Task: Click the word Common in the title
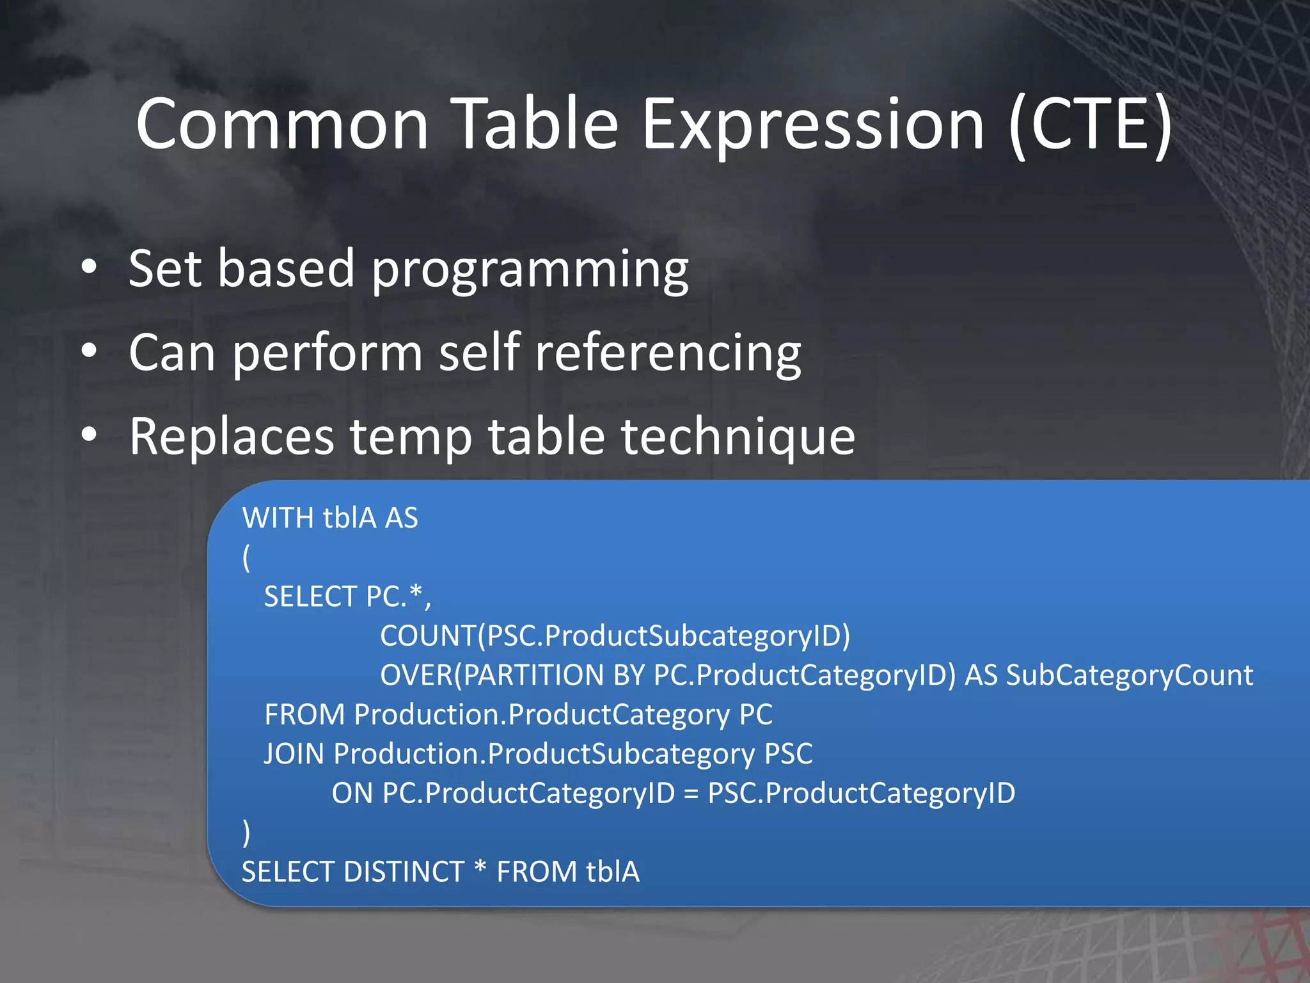(281, 125)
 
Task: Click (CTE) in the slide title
(1091, 125)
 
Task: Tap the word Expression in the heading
(812, 125)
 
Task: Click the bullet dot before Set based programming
(89, 267)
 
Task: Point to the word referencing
(668, 354)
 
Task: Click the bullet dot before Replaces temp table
(89, 435)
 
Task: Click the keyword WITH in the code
(278, 518)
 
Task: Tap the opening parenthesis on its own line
(246, 557)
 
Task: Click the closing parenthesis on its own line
(246, 833)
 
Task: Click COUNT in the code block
(428, 636)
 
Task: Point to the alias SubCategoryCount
(1129, 676)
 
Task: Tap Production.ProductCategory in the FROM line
(541, 715)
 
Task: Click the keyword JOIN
(294, 754)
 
